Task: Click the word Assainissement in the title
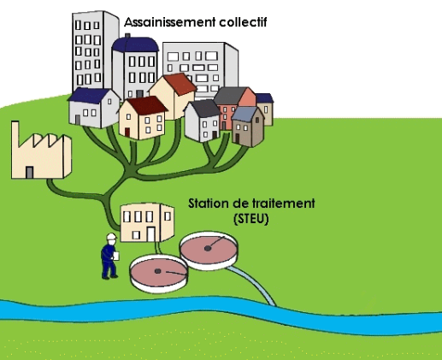click(170, 22)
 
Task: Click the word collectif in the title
click(243, 22)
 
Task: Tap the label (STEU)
click(251, 219)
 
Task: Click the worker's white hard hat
click(111, 237)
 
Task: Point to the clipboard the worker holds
click(116, 256)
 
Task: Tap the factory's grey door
click(29, 173)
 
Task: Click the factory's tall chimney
click(15, 133)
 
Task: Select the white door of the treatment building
click(151, 234)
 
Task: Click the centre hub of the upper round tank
click(208, 249)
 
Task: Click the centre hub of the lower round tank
click(157, 271)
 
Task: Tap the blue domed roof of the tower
click(135, 44)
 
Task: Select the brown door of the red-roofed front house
click(127, 132)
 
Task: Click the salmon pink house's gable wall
click(247, 97)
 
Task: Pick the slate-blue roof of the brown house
click(245, 114)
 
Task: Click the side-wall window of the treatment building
click(168, 216)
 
